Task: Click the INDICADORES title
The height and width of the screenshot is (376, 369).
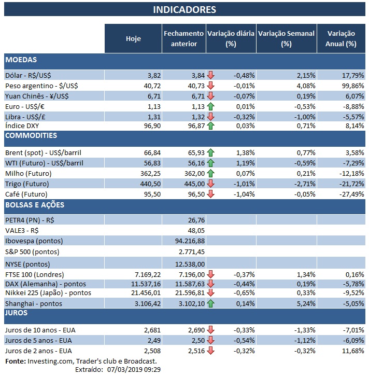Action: pos(184,10)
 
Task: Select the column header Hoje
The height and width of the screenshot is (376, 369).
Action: pos(133,38)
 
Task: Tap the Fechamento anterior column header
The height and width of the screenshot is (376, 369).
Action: pos(183,38)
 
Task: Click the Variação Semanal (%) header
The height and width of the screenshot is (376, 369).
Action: pos(286,38)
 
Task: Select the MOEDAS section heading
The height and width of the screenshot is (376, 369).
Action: pos(21,60)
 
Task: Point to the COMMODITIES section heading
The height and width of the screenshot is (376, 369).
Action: pos(31,136)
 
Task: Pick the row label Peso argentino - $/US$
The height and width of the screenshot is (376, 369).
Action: pos(42,85)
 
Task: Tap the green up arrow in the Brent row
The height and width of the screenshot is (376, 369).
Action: pos(210,153)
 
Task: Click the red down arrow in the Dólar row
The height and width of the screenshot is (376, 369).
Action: pos(210,75)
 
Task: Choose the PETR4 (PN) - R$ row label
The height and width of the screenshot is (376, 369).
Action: pos(30,220)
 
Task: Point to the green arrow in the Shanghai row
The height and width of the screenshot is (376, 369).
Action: pos(210,303)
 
